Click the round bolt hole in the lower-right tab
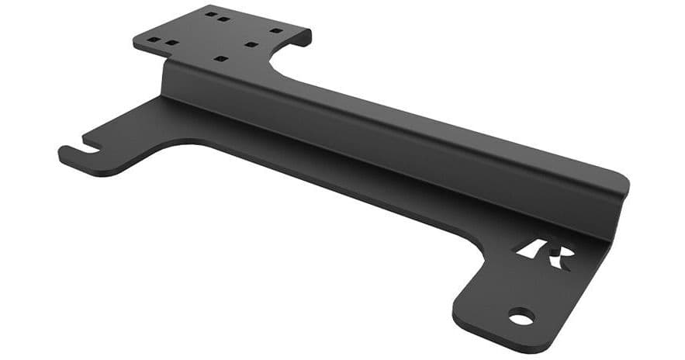point(521,317)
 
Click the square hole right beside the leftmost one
point(172,43)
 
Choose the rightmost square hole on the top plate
point(275,31)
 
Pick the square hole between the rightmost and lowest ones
point(250,44)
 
